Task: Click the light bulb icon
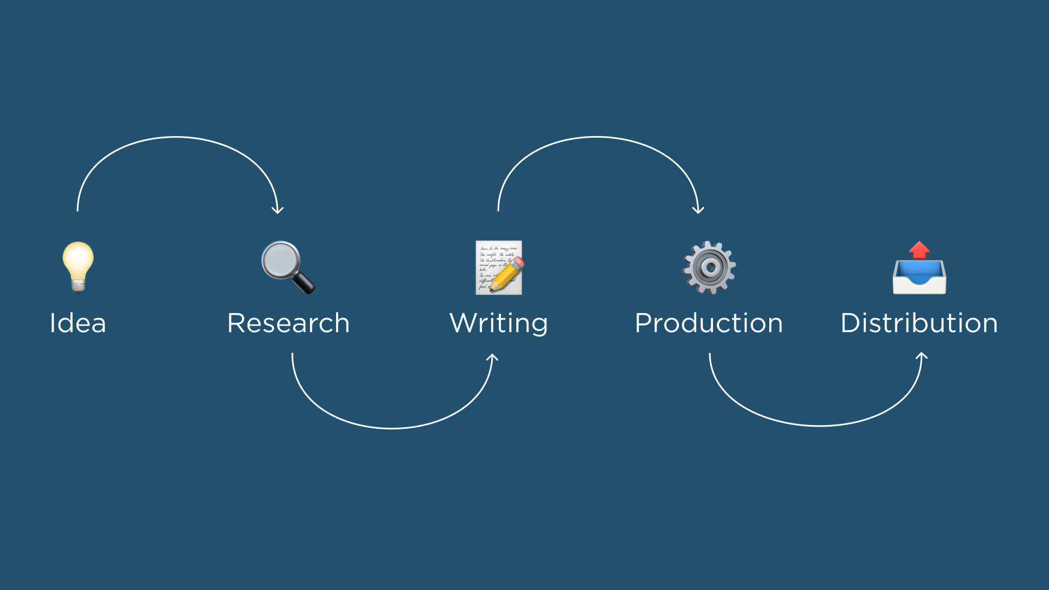click(x=78, y=267)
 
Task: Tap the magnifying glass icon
click(x=288, y=268)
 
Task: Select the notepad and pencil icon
click(x=499, y=268)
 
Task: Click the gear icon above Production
click(x=709, y=268)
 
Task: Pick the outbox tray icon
click(x=920, y=268)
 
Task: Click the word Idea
click(x=78, y=323)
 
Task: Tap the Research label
click(x=288, y=323)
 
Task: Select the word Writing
click(x=499, y=323)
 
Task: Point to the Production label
click(x=709, y=323)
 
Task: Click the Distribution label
click(x=920, y=323)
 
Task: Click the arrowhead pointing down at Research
click(x=278, y=210)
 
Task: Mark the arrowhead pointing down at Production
click(x=698, y=210)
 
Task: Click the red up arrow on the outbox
click(x=920, y=250)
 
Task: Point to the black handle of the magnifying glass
click(x=304, y=283)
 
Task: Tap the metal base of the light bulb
click(x=78, y=286)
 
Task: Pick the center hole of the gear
click(x=710, y=268)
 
